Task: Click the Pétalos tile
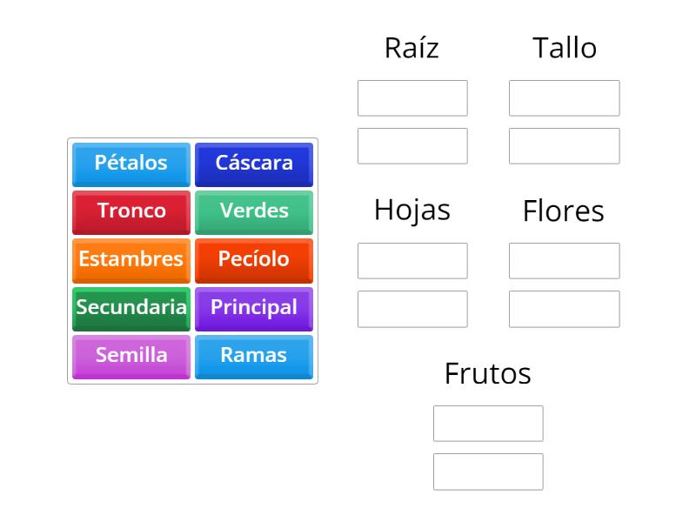point(131,164)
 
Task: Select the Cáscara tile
point(254,164)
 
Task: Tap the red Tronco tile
point(131,211)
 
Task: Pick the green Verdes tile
point(254,211)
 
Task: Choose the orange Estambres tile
point(131,259)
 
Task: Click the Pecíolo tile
point(254,259)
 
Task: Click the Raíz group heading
point(412,48)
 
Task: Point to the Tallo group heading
point(565,48)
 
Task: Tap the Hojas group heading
point(412,210)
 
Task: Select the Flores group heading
point(564,211)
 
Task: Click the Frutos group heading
point(487,373)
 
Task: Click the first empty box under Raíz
point(412,98)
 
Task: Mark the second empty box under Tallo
point(565,146)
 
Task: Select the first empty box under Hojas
point(412,261)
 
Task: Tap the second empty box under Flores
point(565,309)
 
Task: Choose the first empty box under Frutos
point(488,424)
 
